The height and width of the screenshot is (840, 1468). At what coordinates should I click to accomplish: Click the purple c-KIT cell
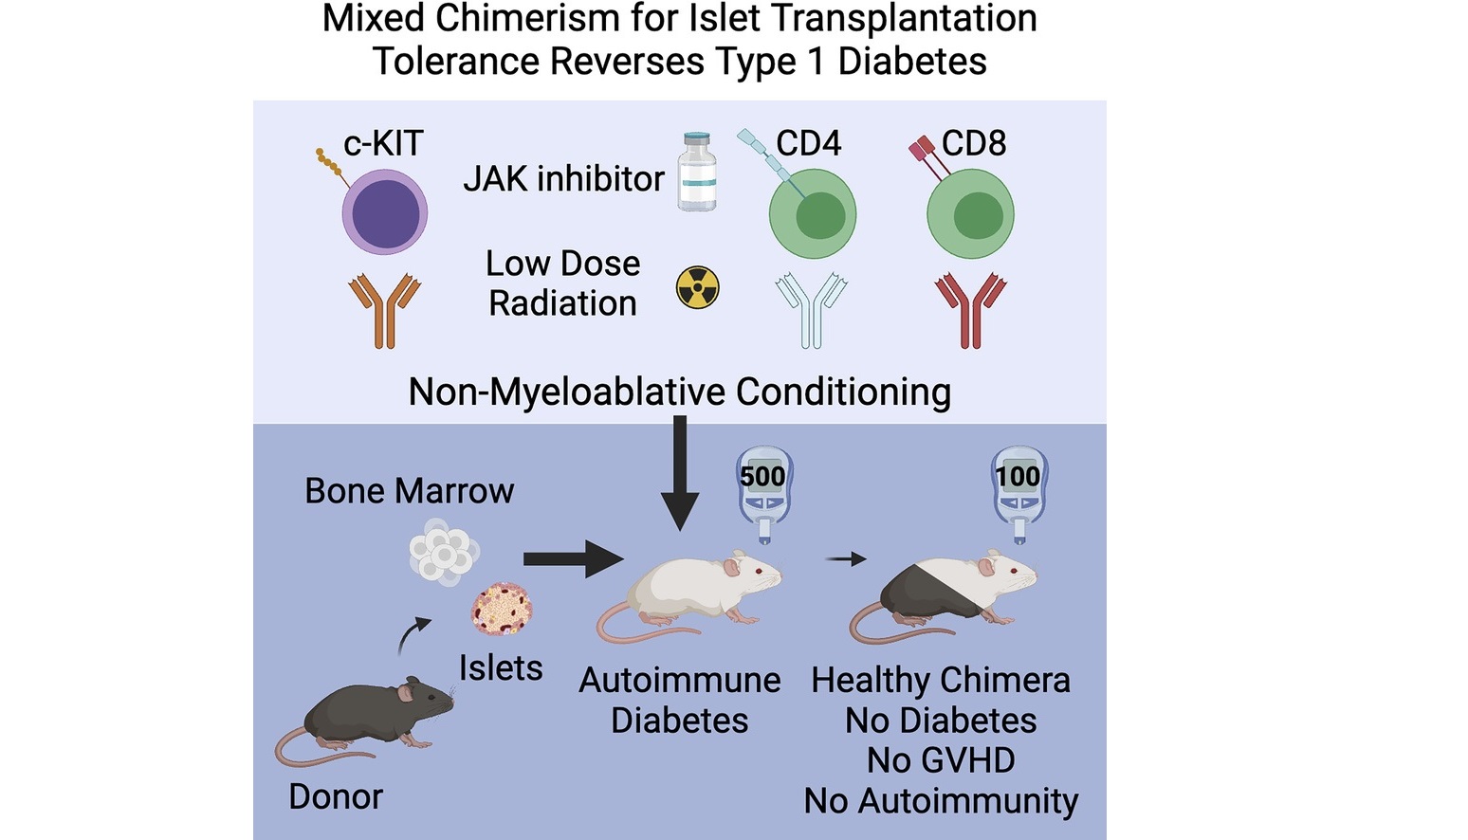click(385, 212)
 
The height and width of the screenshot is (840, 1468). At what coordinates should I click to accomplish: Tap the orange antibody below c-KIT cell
click(384, 310)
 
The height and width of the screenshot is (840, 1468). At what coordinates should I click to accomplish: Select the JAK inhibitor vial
click(697, 172)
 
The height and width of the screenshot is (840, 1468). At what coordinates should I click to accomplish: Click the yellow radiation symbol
click(697, 287)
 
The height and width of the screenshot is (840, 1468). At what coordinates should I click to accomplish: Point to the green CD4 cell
click(813, 214)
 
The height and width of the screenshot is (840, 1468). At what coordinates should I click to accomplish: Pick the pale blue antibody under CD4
click(811, 310)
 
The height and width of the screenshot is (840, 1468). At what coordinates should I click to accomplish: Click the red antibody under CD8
click(970, 310)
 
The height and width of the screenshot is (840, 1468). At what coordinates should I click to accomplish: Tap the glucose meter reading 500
click(764, 494)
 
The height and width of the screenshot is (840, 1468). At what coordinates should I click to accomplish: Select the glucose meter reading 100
click(1018, 494)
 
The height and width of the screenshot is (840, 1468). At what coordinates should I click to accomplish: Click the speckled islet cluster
click(502, 609)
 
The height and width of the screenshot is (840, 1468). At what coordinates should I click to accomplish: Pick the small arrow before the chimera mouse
click(846, 559)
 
